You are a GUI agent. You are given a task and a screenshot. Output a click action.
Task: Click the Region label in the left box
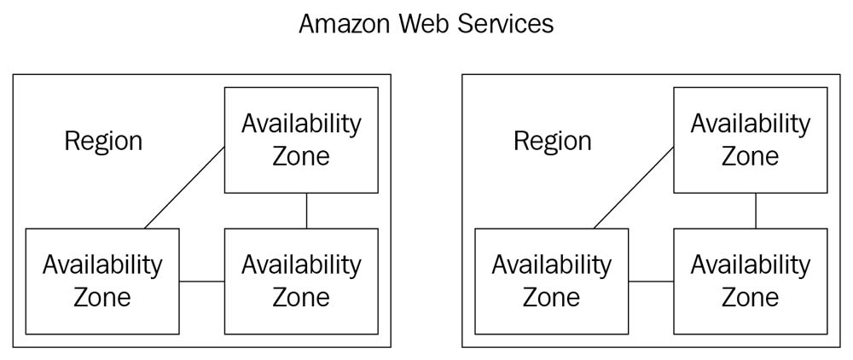(103, 141)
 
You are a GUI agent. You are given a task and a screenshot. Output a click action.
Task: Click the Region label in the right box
(552, 141)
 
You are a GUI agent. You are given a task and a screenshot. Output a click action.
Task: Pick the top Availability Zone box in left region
(300, 140)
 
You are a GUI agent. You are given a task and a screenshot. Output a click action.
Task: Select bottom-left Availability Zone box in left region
(102, 281)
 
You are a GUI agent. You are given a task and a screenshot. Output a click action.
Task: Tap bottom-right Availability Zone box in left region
(300, 281)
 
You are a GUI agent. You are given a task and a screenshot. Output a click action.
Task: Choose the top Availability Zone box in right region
(750, 140)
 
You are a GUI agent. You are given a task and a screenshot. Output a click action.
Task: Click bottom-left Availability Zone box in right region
(551, 281)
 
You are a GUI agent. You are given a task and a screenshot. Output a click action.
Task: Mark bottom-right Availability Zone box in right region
(750, 281)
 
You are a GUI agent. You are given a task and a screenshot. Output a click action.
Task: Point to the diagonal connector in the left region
(184, 188)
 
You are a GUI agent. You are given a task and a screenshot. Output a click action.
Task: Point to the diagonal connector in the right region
(634, 188)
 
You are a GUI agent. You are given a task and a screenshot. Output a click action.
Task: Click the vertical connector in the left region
(307, 211)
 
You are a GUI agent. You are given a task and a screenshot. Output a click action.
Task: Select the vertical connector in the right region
(757, 211)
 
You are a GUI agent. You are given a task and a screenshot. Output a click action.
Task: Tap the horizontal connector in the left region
(202, 281)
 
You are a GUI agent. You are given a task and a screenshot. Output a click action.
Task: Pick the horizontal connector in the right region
(651, 281)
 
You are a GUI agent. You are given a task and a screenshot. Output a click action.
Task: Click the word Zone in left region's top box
(300, 156)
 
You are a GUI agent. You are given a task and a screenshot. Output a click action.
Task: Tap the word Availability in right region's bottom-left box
(551, 264)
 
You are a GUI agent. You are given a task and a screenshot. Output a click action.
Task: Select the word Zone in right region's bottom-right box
(750, 297)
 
